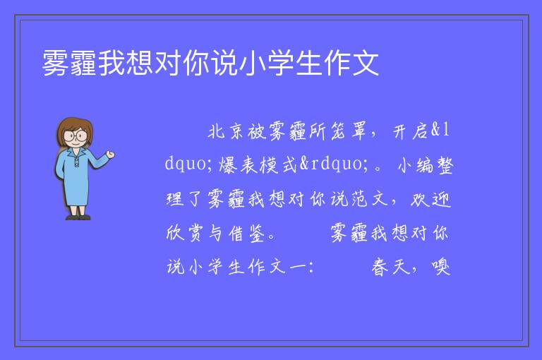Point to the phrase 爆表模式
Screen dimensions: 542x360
click(x=258, y=164)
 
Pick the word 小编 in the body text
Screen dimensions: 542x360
click(x=416, y=165)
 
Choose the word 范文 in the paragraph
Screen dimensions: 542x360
click(x=369, y=199)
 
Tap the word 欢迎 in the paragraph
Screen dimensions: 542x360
click(x=430, y=199)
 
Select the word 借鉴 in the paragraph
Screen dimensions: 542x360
click(x=246, y=233)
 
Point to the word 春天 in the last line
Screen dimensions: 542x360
click(x=390, y=267)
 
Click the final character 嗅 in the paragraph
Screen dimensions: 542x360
click(x=440, y=267)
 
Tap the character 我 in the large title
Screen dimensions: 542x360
click(x=112, y=63)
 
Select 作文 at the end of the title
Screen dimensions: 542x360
click(x=351, y=63)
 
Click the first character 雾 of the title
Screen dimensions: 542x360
click(x=55, y=63)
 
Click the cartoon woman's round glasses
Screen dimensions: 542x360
click(x=75, y=136)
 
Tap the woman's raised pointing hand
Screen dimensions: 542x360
click(x=110, y=155)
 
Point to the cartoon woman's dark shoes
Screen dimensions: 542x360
click(x=78, y=217)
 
